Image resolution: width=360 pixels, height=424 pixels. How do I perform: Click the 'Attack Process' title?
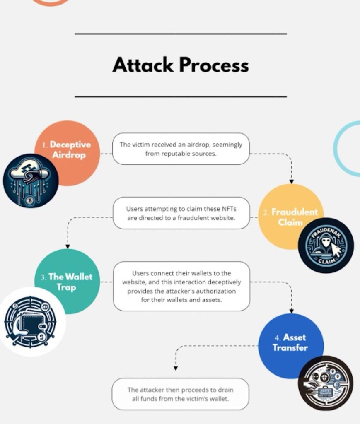[x=181, y=65]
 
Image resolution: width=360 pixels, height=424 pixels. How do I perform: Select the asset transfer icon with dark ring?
[x=326, y=383]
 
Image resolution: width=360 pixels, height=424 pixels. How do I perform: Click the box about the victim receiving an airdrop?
[x=181, y=149]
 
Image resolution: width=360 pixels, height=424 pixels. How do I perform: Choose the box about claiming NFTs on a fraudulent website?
[x=181, y=214]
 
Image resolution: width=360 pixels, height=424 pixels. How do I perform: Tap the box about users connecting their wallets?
[x=181, y=286]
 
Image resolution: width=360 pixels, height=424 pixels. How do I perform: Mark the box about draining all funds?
[x=180, y=394]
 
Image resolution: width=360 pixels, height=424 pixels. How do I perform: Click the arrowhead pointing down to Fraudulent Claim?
[x=291, y=181]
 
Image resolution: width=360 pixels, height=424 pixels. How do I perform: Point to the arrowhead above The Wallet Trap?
[x=67, y=246]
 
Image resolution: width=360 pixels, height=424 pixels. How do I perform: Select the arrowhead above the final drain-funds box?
[x=176, y=368]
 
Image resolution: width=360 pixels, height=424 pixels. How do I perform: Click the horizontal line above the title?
[x=181, y=34]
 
